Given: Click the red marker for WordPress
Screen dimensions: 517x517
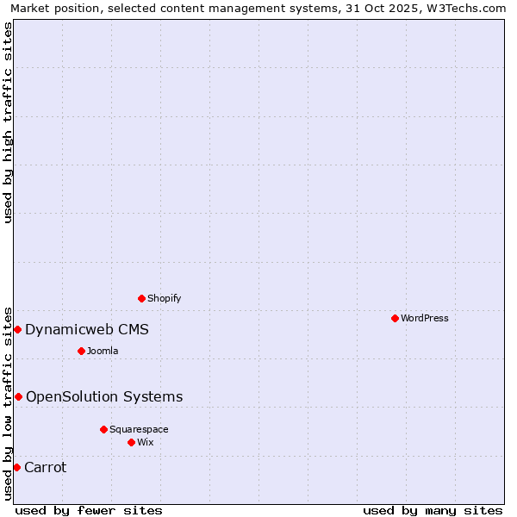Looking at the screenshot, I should pos(395,318).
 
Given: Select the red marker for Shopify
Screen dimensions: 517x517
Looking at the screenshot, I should pos(141,298).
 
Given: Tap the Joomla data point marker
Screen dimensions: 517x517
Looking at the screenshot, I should pos(81,351).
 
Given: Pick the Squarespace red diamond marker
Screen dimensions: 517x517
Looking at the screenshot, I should pos(103,429).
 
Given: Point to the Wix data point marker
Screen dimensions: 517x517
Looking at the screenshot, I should pos(131,442).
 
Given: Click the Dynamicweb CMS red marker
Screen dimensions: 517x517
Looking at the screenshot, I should pos(17,329).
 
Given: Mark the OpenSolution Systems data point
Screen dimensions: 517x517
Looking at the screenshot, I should pos(18,396).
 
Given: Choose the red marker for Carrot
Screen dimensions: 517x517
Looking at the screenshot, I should pos(16,467).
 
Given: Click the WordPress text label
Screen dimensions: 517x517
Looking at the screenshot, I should pos(425,318).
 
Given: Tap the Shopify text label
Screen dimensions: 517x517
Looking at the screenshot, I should pos(165,298).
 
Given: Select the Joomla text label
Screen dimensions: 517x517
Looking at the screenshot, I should pos(103,351).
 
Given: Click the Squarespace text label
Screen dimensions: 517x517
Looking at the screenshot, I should pos(139,429).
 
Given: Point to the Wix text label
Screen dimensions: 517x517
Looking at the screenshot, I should pos(146,442).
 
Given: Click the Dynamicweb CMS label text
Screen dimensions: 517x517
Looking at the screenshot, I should pos(87,329).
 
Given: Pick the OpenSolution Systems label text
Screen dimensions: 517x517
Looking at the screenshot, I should pos(104,396).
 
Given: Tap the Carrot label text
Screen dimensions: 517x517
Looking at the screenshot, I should pos(46,467).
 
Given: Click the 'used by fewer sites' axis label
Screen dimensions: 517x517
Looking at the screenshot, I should pos(89,510).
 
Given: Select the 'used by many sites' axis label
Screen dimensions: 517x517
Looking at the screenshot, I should pos(433,510).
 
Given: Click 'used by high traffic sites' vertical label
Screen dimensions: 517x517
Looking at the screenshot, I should pos(8,122).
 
